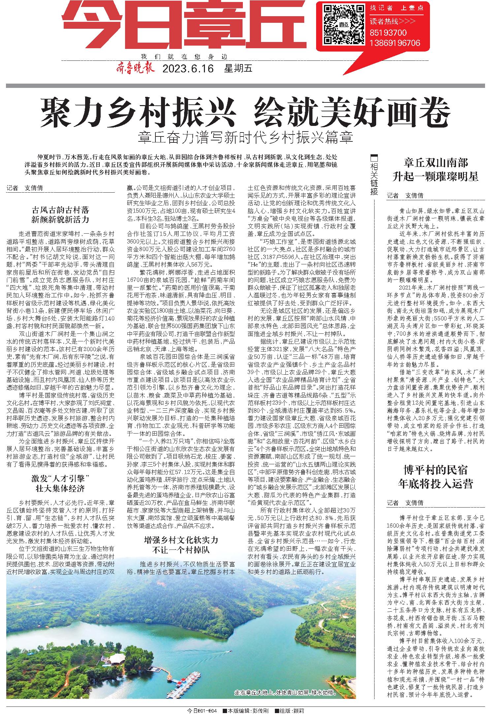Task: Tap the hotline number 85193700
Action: [x=388, y=33]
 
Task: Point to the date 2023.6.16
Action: [x=188, y=69]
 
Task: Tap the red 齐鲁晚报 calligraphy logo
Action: [x=135, y=69]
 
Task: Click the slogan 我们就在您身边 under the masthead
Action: [x=184, y=56]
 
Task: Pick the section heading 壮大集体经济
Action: [x=61, y=488]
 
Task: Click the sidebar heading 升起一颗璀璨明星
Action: [x=436, y=177]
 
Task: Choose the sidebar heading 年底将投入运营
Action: [x=436, y=484]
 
